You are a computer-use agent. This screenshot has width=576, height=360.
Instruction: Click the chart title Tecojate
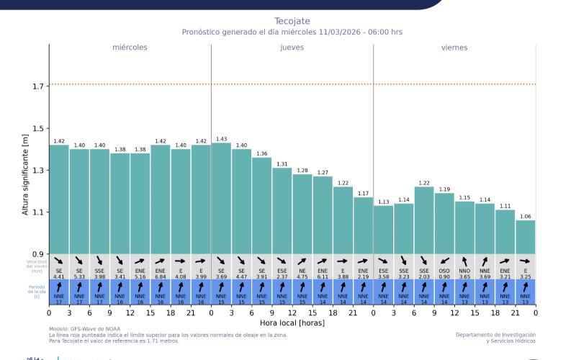292,21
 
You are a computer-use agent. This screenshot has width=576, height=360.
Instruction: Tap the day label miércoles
130,48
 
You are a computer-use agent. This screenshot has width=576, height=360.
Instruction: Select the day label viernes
454,48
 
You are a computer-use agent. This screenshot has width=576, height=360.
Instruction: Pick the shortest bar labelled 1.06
525,237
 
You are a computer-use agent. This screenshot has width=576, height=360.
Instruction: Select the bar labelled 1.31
282,210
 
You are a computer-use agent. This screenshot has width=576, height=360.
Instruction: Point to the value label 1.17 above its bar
363,194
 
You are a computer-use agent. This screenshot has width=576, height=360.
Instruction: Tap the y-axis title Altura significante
26,175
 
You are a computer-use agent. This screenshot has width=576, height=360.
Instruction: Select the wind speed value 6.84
161,276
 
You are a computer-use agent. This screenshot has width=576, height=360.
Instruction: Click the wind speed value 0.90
444,276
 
